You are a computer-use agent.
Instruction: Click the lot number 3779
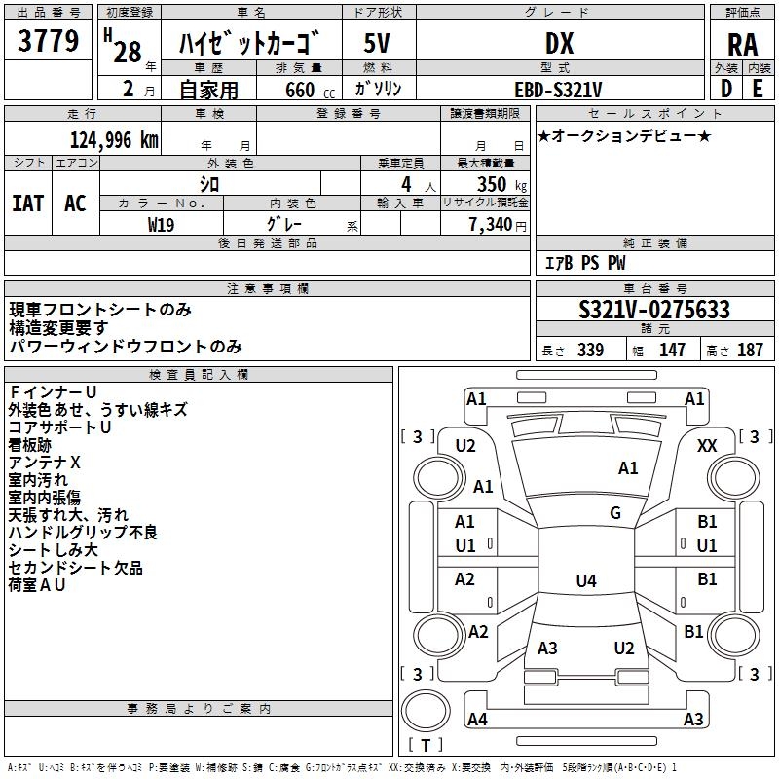point(48,41)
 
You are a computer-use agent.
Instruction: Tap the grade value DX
point(559,43)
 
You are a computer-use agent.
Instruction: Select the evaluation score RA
point(742,45)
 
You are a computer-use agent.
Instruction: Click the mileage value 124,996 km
point(114,140)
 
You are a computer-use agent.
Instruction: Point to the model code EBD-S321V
point(558,90)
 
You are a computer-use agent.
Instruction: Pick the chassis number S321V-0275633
point(654,310)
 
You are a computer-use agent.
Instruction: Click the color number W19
point(161,225)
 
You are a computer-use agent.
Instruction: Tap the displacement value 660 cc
point(310,90)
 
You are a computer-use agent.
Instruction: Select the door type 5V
point(377,43)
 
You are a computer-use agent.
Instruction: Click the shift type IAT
point(27,204)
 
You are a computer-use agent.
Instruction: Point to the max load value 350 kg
point(501,184)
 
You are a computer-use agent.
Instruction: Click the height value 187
point(750,350)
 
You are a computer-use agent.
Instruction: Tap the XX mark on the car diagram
point(707,446)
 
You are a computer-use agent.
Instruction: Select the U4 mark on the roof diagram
point(586,580)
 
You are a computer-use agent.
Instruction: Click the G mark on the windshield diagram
point(615,513)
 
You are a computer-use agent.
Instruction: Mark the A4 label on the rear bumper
point(477,719)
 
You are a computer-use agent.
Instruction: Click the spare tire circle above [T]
point(426,711)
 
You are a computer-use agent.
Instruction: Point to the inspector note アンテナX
point(44,463)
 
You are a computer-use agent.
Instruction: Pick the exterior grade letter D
point(725,89)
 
